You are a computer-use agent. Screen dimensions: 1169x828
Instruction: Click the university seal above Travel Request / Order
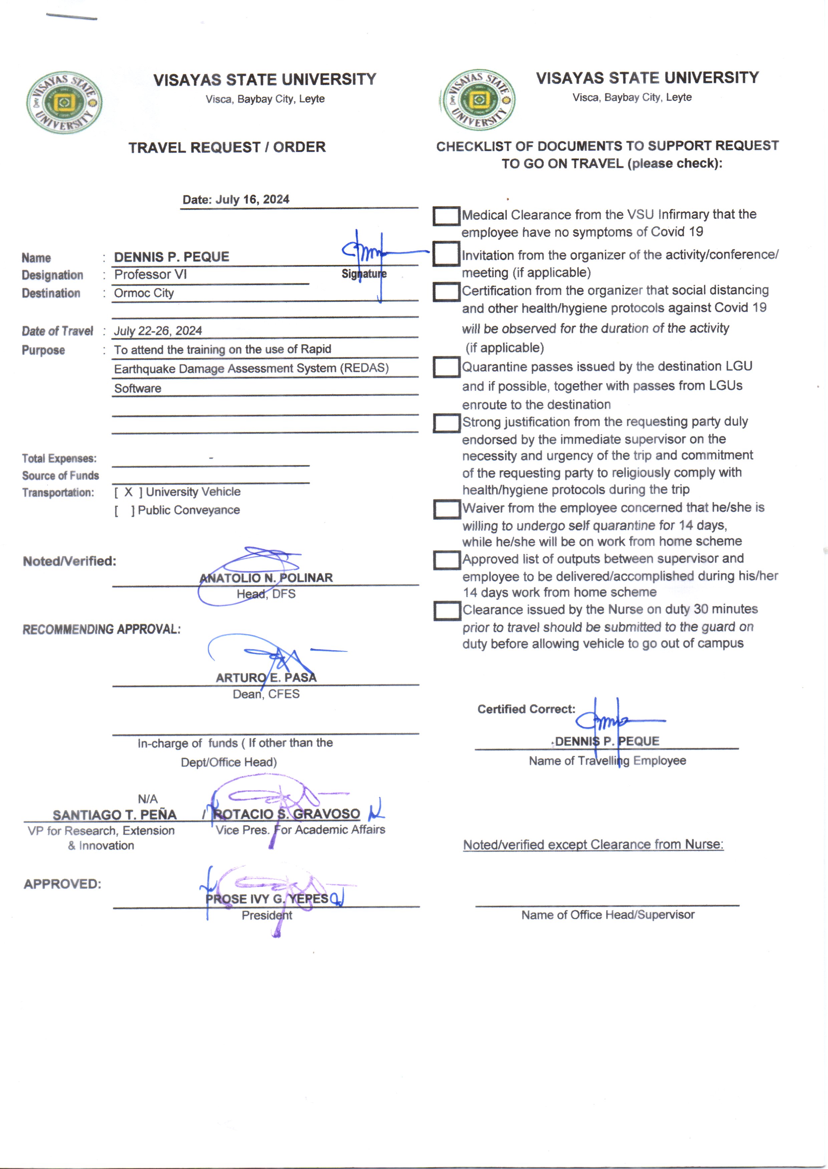(64, 102)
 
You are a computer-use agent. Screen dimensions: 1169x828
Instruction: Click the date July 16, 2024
(252, 199)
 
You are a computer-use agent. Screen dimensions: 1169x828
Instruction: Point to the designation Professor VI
(151, 274)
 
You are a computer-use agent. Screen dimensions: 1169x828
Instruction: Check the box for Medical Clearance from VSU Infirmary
(446, 216)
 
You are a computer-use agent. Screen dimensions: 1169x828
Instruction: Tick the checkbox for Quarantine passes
(446, 367)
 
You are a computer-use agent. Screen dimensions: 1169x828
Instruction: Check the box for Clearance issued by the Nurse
(447, 611)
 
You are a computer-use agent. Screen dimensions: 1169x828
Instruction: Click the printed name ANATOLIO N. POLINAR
(266, 577)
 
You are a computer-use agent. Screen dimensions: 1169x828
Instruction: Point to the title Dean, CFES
(266, 694)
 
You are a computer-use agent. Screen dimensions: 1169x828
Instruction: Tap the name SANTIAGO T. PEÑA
(115, 815)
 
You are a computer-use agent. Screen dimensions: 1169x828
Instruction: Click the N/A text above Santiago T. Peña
(148, 799)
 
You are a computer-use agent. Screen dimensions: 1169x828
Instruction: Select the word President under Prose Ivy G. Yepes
(267, 915)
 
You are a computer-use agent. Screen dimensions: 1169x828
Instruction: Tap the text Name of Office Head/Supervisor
(607, 915)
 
